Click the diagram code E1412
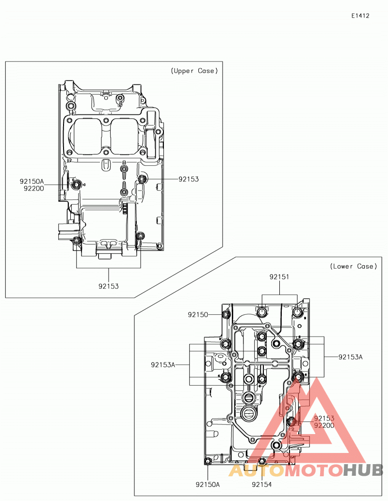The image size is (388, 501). (360, 16)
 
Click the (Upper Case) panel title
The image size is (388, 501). (194, 71)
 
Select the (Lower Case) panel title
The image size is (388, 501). (354, 266)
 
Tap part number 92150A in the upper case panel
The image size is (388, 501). (32, 181)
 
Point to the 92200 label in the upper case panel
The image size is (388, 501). (34, 189)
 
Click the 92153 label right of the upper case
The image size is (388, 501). (189, 179)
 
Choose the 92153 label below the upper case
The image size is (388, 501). (109, 286)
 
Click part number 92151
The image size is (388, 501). (279, 277)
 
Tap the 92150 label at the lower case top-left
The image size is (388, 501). (198, 315)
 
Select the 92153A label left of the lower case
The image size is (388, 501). (163, 365)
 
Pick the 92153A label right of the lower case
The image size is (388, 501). (351, 357)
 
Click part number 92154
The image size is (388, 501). (262, 485)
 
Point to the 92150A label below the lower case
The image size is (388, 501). (208, 485)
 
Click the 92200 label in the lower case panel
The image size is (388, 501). (324, 426)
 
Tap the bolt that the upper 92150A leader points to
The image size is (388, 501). (76, 185)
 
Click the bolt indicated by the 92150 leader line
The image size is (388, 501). (226, 315)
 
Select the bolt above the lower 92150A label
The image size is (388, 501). (208, 461)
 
